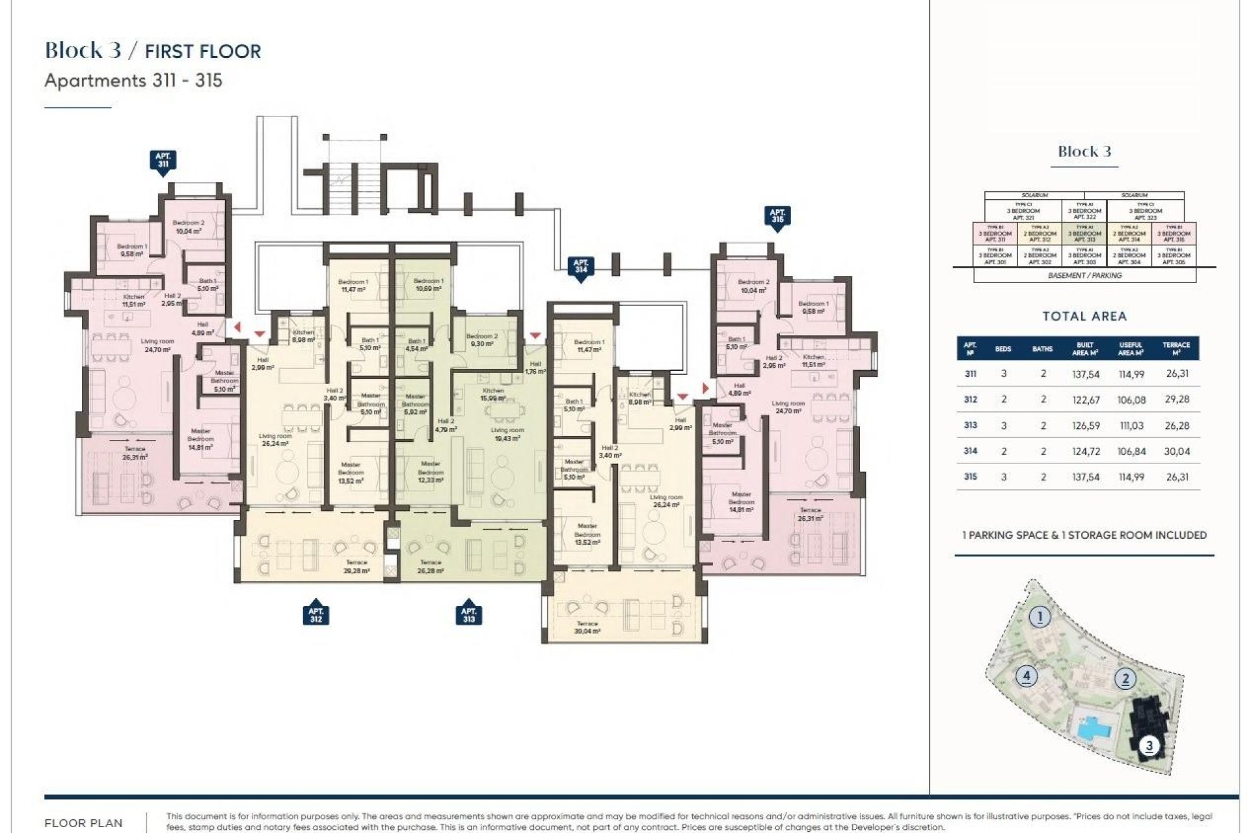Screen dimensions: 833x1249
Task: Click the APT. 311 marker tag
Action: click(x=163, y=160)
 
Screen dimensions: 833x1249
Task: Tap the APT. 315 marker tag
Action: click(x=777, y=216)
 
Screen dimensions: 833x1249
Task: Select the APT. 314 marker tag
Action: click(x=580, y=266)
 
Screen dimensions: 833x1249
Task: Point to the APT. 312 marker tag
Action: click(x=316, y=614)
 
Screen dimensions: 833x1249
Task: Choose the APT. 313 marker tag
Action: click(x=468, y=614)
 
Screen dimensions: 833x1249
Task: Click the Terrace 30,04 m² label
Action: click(x=587, y=627)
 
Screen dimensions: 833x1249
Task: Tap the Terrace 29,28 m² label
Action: click(x=356, y=566)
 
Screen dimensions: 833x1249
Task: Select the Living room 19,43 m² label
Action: click(x=507, y=434)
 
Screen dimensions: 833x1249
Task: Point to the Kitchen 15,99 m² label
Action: click(x=493, y=394)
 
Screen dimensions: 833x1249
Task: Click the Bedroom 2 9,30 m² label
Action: click(x=482, y=340)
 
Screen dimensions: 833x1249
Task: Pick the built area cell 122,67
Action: click(x=1086, y=400)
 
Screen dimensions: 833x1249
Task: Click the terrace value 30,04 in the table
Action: click(x=1177, y=451)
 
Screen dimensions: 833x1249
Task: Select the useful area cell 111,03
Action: click(x=1131, y=426)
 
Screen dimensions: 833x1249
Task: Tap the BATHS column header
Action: click(x=1042, y=349)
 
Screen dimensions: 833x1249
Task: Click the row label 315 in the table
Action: click(x=970, y=476)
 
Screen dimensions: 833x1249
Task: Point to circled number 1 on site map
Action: click(x=1040, y=616)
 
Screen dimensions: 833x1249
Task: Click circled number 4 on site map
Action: click(x=1026, y=676)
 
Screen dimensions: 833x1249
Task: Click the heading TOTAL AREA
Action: click(x=1084, y=316)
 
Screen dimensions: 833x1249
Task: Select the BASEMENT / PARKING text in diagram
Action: click(x=1084, y=275)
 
